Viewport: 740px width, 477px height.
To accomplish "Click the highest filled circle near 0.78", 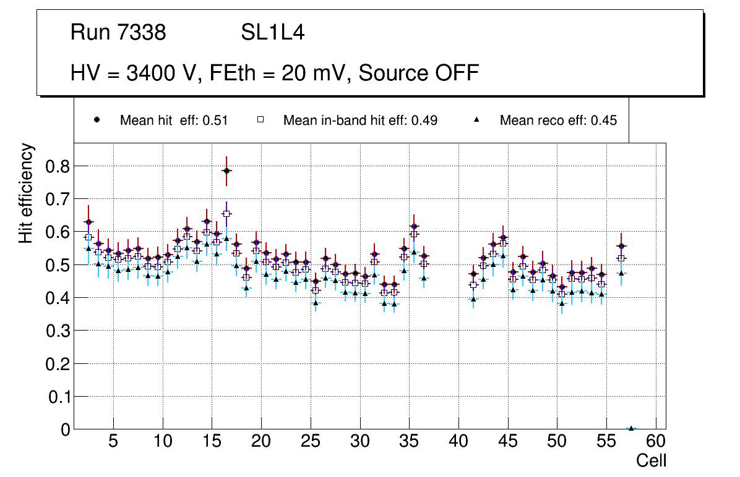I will pos(226,171).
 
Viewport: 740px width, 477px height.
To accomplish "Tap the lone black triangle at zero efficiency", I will pos(631,428).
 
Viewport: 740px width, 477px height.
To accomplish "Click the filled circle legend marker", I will pos(97,120).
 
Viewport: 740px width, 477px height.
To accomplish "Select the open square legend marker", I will pos(260,120).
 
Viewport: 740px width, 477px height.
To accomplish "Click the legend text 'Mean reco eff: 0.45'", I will pos(558,120).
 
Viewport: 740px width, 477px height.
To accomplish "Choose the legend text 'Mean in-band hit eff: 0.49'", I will pos(360,120).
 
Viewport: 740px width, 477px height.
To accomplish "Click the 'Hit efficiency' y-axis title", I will pos(27,193).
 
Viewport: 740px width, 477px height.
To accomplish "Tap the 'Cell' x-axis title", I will pos(652,460).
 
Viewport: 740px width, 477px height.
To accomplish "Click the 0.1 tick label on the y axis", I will pos(58,397).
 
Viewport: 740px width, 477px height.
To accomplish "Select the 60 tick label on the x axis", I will pos(656,442).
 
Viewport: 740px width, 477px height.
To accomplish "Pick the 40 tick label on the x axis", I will pos(458,442).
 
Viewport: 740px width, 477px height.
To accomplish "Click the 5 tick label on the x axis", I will pos(113,442).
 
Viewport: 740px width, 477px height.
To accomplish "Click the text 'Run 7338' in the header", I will pos(118,33).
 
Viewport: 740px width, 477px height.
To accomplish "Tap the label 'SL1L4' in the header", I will pos(272,33).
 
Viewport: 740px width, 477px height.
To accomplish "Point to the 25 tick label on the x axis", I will pos(311,442).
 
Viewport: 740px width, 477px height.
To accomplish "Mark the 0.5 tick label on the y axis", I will pos(58,265).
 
